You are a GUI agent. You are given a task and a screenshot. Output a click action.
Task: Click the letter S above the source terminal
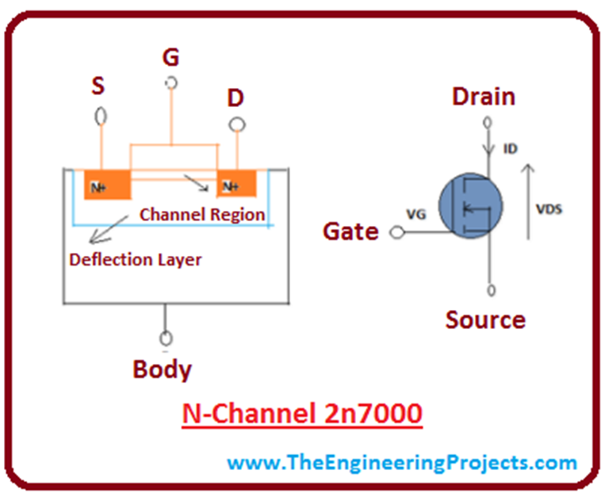coord(98,86)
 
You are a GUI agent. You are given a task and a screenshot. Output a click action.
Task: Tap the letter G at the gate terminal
coord(170,57)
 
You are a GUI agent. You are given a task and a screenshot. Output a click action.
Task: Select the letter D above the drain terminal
coord(236,99)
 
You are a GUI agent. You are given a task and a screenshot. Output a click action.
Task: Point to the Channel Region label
coord(202,215)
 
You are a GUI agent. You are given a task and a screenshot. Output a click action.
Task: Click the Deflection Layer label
coord(136,259)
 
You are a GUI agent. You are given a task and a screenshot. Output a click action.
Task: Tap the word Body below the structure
coord(162,369)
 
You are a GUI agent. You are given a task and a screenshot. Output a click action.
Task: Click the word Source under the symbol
coord(485,319)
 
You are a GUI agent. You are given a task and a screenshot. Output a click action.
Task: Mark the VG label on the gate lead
coord(416,214)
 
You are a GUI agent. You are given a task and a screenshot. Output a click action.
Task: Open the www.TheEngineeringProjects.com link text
coord(402,462)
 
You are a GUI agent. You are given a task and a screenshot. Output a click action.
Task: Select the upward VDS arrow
coord(528,199)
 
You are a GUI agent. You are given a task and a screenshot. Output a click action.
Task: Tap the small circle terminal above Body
coord(164,336)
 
